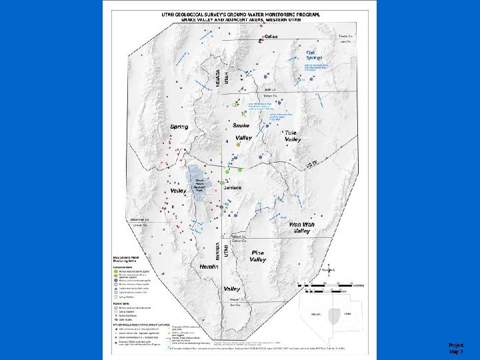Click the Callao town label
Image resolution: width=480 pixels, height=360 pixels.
click(x=271, y=36)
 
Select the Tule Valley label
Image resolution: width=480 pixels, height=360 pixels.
click(x=293, y=136)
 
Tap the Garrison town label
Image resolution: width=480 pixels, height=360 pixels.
click(x=233, y=189)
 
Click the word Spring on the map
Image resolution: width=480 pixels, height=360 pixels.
click(x=179, y=127)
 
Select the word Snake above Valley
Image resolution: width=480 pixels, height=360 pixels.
click(x=241, y=125)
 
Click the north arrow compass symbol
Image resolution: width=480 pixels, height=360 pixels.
click(x=328, y=270)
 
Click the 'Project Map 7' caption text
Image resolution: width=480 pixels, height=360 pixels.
click(x=456, y=347)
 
